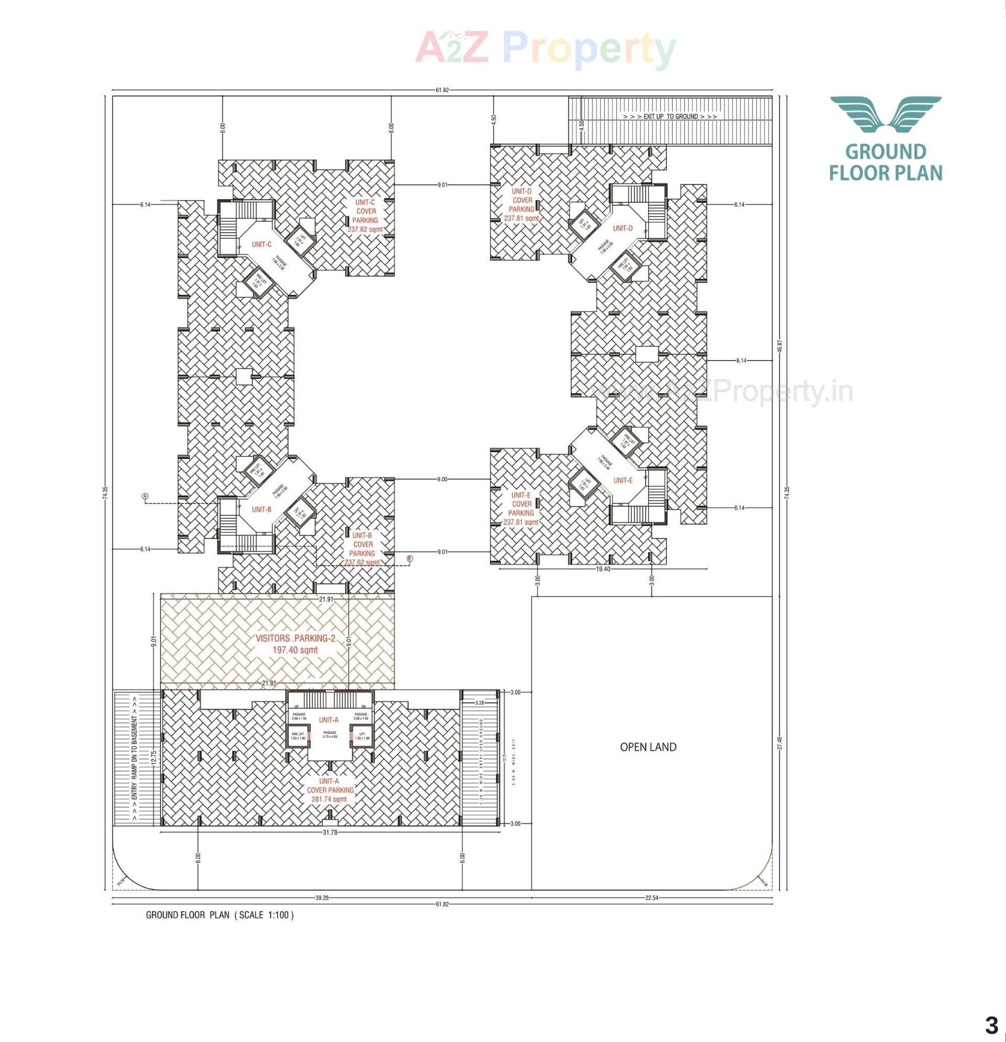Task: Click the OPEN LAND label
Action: click(648, 747)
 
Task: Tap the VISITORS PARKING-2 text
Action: click(296, 639)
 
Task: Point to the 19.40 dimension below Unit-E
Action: click(603, 569)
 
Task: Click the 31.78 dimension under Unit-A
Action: click(330, 832)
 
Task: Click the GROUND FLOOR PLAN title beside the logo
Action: click(885, 162)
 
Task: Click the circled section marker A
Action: click(145, 496)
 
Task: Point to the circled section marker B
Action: click(409, 559)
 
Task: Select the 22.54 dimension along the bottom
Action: click(651, 898)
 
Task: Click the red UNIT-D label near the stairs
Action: click(623, 229)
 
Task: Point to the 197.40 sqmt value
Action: click(296, 649)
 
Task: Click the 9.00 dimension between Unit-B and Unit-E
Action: click(442, 479)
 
